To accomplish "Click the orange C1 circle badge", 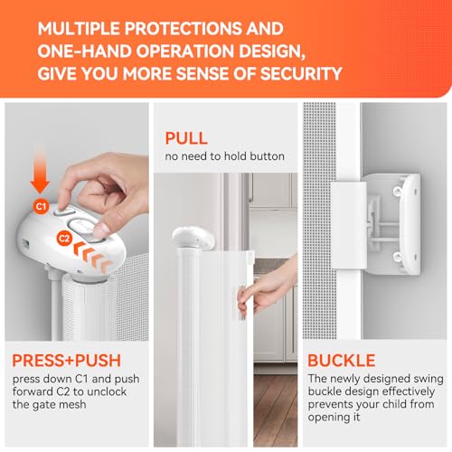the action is (41, 206).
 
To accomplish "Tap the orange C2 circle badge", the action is (64, 239).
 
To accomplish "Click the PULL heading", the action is (186, 138).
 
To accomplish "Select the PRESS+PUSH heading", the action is (67, 361).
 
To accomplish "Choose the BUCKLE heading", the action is (342, 361).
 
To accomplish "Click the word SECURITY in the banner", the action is (301, 73).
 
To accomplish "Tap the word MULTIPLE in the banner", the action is (79, 29).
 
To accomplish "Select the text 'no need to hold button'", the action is (224, 156).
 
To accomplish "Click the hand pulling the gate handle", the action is (266, 288).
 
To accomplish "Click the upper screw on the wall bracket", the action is (398, 191).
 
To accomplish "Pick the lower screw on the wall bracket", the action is (397, 257).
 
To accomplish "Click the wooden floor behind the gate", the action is (275, 410).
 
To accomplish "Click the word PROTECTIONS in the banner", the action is (184, 29).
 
